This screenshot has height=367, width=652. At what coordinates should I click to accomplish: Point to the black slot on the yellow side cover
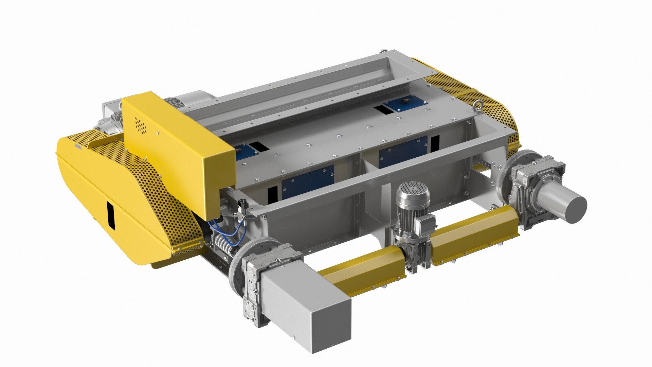click(x=111, y=215)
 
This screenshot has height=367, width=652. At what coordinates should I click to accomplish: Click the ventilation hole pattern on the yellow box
click(x=141, y=125)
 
